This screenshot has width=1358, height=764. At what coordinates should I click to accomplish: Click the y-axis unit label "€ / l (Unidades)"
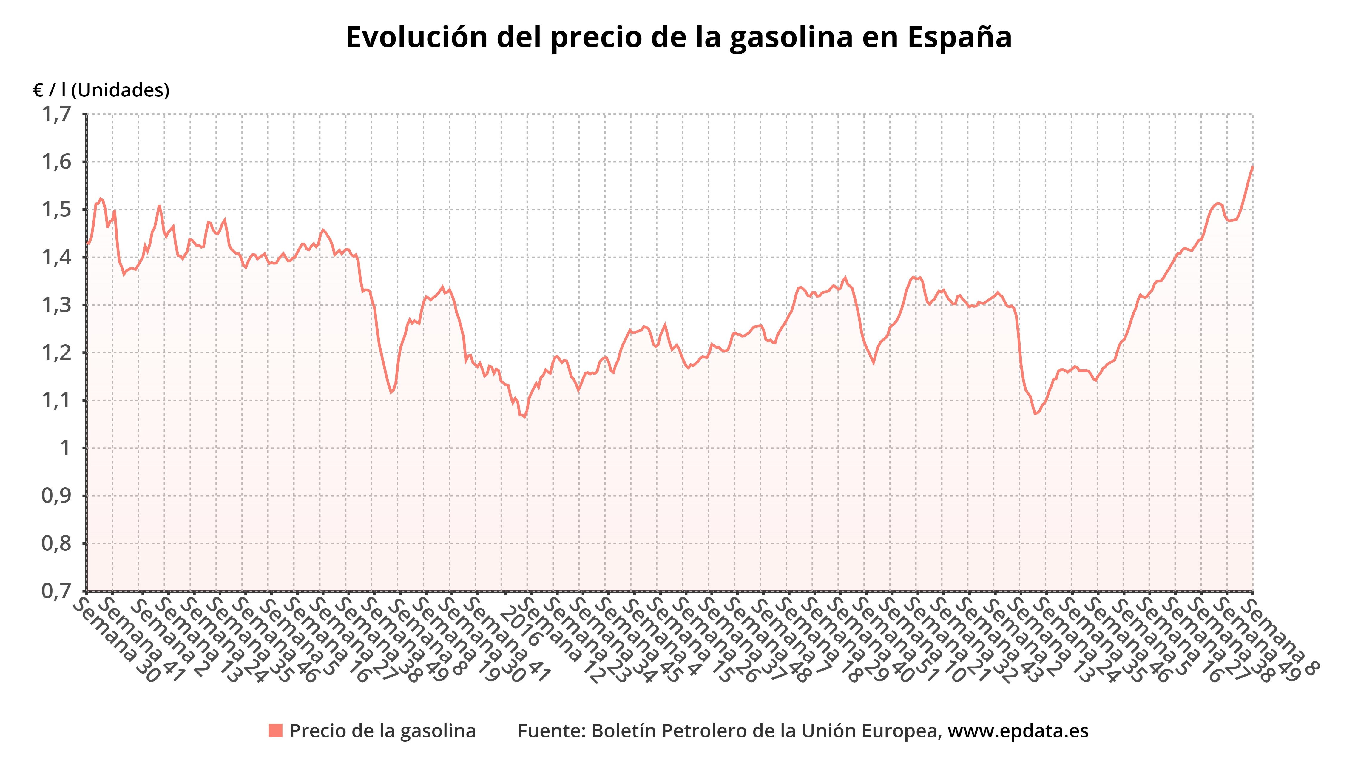point(101,91)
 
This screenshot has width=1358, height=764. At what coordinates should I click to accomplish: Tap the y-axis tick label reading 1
point(66,448)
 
